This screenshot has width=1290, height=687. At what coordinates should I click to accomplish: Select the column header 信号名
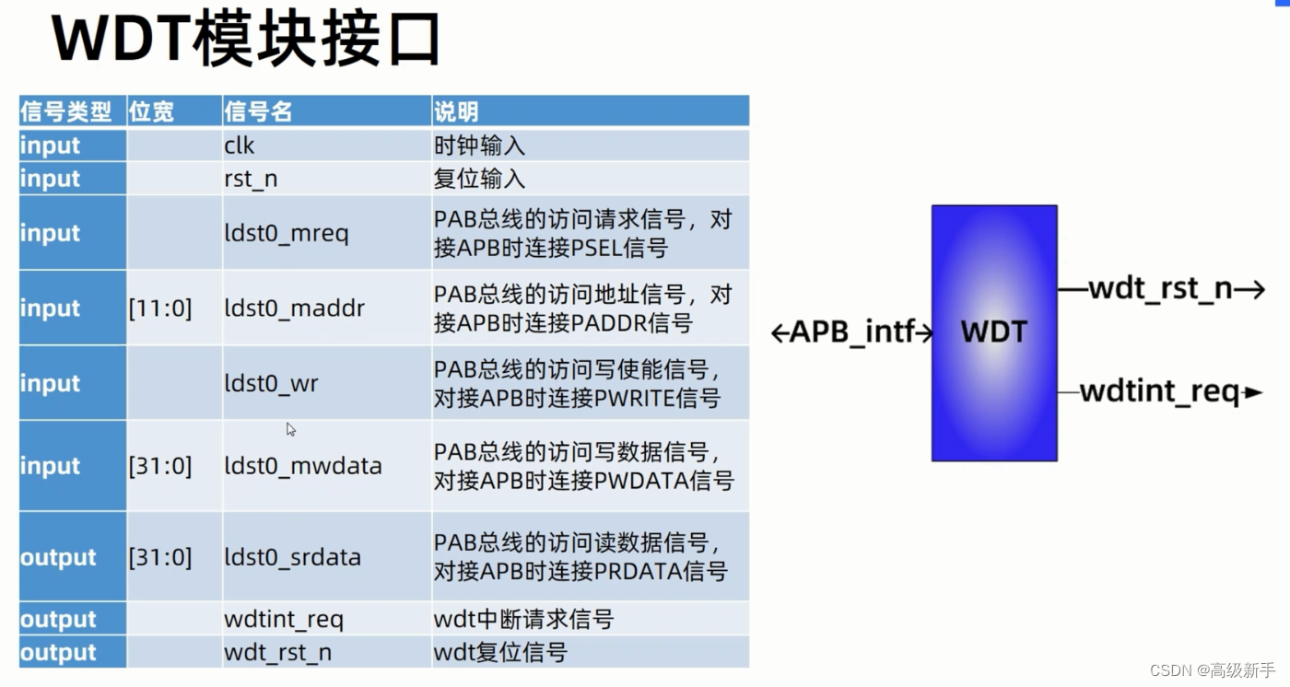258,112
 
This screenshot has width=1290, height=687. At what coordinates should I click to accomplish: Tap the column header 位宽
151,112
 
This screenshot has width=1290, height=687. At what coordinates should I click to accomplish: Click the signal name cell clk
240,146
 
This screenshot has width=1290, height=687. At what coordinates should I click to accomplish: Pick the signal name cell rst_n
251,179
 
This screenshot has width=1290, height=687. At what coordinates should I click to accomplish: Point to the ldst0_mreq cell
287,233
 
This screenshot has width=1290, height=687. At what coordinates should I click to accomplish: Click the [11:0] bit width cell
160,309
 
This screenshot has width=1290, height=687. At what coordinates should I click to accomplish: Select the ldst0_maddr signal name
294,309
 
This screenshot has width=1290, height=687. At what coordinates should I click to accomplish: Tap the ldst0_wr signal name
271,383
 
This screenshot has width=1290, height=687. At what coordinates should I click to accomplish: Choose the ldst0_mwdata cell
302,466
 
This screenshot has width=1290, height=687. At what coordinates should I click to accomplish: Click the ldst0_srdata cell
292,557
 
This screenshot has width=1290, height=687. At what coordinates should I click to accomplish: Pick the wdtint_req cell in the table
284,619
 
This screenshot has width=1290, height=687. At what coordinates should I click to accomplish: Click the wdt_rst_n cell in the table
277,653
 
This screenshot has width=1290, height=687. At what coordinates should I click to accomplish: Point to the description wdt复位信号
500,653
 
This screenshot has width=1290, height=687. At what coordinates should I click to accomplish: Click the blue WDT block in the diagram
994,332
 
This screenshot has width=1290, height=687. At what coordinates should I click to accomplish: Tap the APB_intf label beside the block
852,332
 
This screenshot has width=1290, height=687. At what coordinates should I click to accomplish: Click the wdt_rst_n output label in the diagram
1160,289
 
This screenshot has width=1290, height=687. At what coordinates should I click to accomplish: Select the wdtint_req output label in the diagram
1160,392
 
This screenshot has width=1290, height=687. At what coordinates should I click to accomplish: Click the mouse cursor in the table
291,429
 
